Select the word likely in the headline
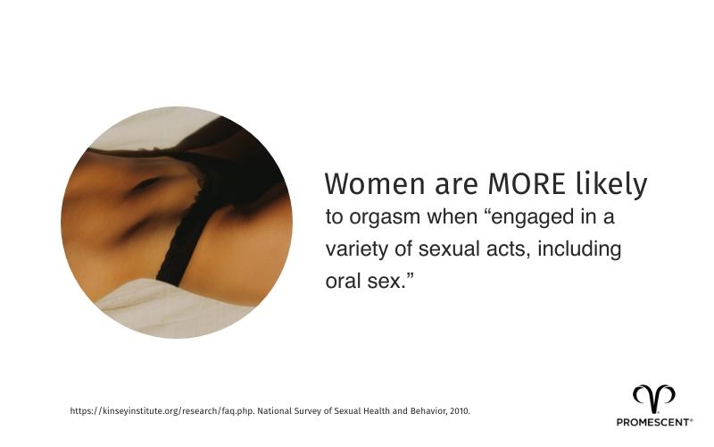(611, 184)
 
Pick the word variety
(355, 249)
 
